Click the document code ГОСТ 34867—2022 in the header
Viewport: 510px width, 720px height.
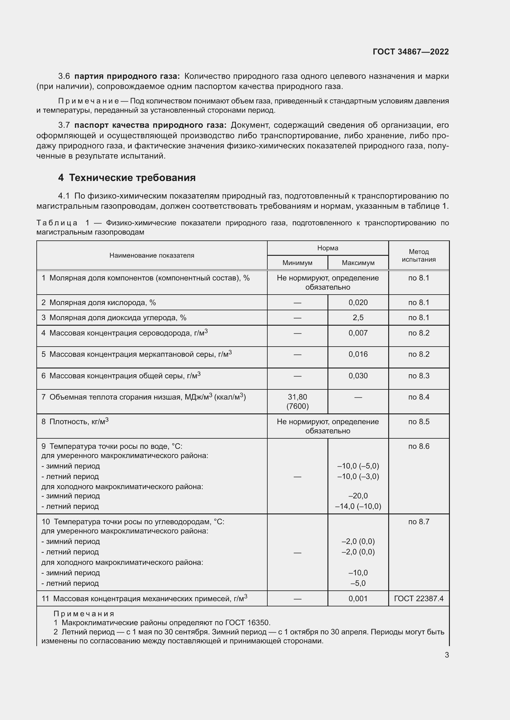(x=410, y=52)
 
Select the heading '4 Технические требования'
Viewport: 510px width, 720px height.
(x=126, y=178)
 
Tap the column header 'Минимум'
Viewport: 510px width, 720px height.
(x=297, y=263)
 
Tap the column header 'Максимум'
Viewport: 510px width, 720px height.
(x=358, y=263)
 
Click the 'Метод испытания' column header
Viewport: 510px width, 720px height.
(x=419, y=255)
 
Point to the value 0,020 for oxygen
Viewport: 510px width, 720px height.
(x=358, y=302)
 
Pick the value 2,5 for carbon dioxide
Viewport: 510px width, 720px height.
(x=358, y=318)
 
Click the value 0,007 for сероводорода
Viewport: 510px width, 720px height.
(x=358, y=333)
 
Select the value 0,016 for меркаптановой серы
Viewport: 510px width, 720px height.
(x=358, y=354)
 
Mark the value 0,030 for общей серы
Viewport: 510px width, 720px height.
(x=358, y=376)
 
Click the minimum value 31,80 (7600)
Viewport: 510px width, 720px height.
(x=297, y=402)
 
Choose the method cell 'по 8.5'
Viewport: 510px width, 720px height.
(x=419, y=422)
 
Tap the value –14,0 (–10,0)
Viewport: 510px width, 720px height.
(x=358, y=506)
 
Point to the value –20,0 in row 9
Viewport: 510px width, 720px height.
(x=358, y=496)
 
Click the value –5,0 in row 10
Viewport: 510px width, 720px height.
(x=358, y=583)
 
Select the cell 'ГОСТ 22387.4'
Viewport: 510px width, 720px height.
(x=419, y=599)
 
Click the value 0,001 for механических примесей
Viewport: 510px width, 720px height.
(x=358, y=599)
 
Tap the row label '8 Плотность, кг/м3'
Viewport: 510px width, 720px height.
(x=75, y=422)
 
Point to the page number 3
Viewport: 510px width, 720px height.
(x=446, y=655)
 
